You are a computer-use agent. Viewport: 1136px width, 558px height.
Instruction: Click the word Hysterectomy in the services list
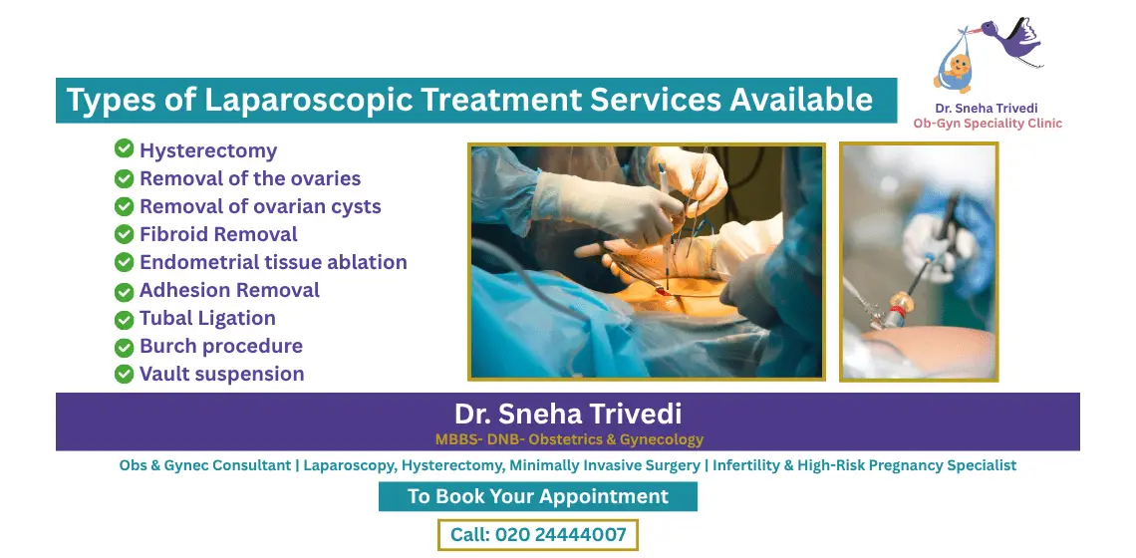pyautogui.click(x=208, y=151)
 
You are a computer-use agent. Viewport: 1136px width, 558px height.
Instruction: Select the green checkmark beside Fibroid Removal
pyautogui.click(x=124, y=235)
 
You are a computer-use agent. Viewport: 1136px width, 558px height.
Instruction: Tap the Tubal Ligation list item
pyautogui.click(x=207, y=319)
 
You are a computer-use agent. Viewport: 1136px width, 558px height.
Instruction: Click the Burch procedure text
pyautogui.click(x=220, y=347)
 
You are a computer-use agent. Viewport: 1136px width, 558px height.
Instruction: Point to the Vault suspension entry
pyautogui.click(x=221, y=375)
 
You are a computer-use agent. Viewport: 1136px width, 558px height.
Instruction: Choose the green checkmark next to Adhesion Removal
pyautogui.click(x=124, y=291)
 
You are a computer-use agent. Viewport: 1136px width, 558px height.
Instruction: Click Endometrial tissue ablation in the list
pyautogui.click(x=273, y=263)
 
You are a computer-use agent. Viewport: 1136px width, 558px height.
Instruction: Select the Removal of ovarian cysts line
pyautogui.click(x=260, y=207)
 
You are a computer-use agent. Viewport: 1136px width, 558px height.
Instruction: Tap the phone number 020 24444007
pyautogui.click(x=560, y=535)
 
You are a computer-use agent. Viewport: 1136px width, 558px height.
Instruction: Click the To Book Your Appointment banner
pyautogui.click(x=538, y=496)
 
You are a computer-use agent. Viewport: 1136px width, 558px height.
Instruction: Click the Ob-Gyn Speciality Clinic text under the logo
pyautogui.click(x=988, y=124)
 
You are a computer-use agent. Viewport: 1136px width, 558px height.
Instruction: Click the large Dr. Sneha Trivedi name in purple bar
pyautogui.click(x=568, y=414)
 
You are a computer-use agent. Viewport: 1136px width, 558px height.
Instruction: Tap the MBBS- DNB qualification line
pyautogui.click(x=569, y=439)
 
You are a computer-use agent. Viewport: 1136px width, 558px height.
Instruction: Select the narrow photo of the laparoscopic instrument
pyautogui.click(x=918, y=262)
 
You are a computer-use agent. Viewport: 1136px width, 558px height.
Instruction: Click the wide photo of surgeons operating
pyautogui.click(x=647, y=262)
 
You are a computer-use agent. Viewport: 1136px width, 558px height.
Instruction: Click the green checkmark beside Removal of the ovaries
pyautogui.click(x=124, y=179)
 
